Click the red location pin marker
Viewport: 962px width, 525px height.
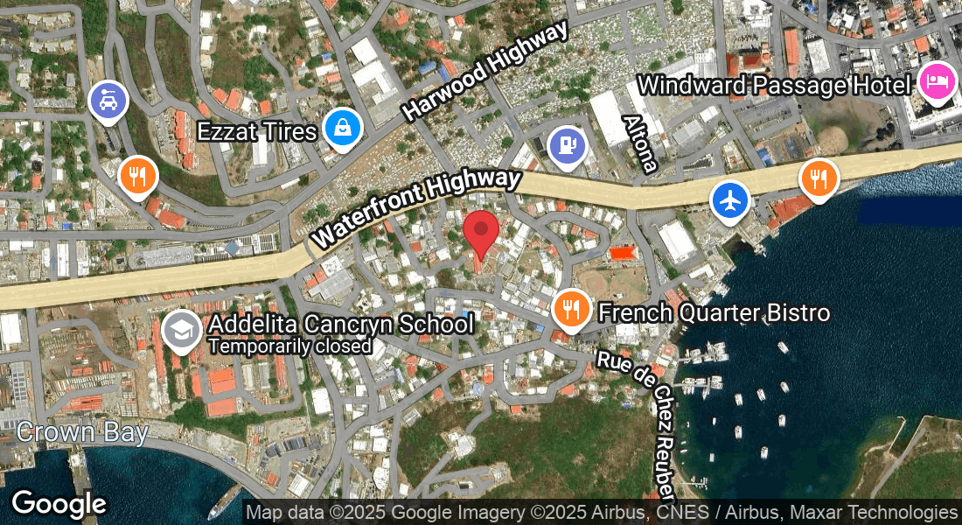(480, 231)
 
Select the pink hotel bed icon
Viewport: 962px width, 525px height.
(937, 82)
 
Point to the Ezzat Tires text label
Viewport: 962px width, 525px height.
(256, 131)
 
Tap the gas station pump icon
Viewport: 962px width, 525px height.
(568, 145)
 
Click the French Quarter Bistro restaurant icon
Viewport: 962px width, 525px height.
(570, 309)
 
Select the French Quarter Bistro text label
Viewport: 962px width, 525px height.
(713, 312)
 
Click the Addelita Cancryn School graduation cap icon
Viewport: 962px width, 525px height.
(182, 331)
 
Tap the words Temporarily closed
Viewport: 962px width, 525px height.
(289, 346)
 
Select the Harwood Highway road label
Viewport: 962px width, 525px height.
(485, 71)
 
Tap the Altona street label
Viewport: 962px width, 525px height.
(639, 143)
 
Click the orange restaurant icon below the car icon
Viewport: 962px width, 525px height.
(137, 176)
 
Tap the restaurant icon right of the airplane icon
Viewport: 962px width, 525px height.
(819, 178)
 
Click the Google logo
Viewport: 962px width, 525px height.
(59, 504)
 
